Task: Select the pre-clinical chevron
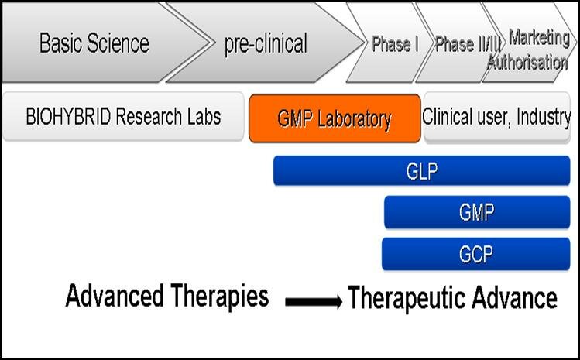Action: [265, 43]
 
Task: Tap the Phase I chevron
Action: [390, 43]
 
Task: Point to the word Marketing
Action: [539, 37]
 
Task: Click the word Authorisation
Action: [527, 62]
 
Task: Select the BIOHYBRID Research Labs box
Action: [123, 117]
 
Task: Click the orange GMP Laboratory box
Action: [335, 118]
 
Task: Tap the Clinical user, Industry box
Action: [497, 117]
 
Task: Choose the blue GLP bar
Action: [422, 170]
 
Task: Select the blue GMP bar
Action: [477, 212]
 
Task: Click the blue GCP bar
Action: [476, 254]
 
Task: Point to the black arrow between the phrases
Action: [314, 301]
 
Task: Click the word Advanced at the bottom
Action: [115, 296]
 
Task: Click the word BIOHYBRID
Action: [68, 117]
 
